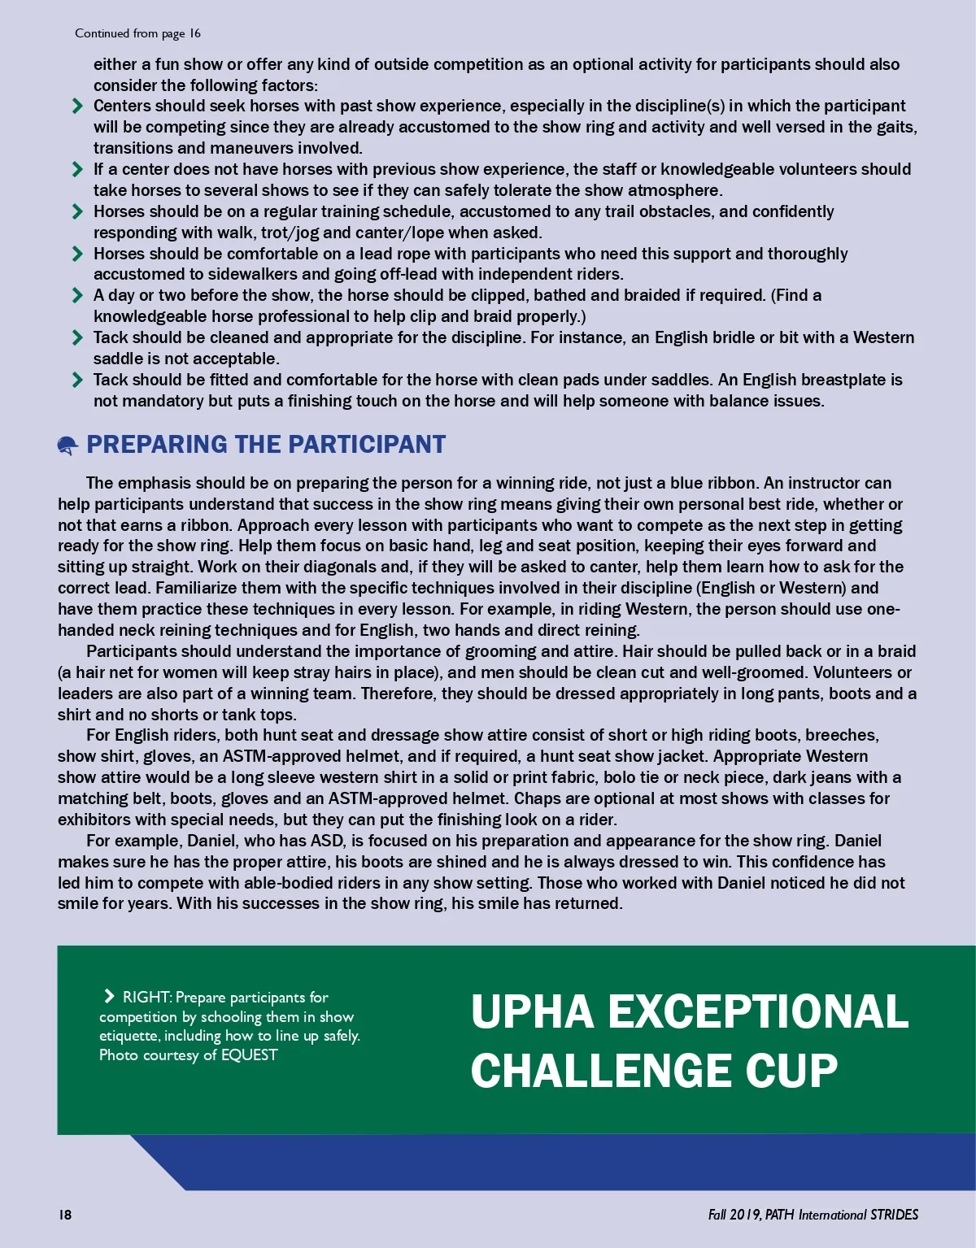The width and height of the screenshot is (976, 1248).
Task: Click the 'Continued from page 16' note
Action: point(137,33)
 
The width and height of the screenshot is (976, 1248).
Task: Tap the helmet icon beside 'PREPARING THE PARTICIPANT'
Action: point(68,445)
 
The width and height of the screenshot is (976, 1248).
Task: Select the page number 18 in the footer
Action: point(64,1215)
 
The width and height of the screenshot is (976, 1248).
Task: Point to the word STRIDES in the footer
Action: point(894,1215)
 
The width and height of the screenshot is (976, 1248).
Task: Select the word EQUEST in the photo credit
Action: point(250,1055)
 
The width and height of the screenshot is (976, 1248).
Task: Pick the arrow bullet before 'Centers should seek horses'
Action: point(77,106)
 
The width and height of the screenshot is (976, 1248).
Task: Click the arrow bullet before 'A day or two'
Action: point(77,295)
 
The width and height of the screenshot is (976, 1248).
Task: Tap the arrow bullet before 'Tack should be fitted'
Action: point(77,380)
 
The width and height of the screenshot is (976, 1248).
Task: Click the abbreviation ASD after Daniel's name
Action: point(327,841)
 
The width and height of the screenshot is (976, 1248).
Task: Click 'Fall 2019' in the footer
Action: point(734,1215)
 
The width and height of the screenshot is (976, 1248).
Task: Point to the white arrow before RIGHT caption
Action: point(109,997)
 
